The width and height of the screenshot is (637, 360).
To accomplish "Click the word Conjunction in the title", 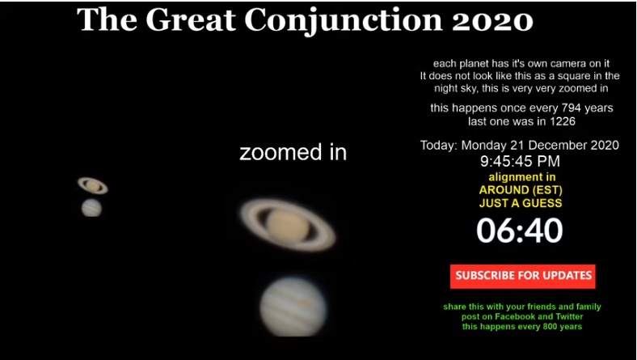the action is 344,20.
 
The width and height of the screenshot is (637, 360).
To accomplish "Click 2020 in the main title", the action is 493,20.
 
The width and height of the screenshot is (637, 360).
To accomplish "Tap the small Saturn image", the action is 93,185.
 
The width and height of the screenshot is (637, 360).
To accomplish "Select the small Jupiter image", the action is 91,208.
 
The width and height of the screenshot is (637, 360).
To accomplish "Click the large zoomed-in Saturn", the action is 288,225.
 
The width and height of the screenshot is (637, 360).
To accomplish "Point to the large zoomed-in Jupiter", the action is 293,307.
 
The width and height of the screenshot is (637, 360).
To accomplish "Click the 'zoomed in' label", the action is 293,153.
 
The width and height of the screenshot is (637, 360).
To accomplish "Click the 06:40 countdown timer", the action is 520,231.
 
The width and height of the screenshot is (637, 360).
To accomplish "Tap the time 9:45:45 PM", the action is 520,161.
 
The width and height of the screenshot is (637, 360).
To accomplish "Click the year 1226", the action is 564,121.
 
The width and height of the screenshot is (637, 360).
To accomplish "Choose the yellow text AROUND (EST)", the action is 521,190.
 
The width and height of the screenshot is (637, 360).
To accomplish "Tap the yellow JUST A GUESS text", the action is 521,203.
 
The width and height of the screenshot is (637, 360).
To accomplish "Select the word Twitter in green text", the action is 569,316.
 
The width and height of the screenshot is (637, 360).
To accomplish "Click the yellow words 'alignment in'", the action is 522,177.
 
